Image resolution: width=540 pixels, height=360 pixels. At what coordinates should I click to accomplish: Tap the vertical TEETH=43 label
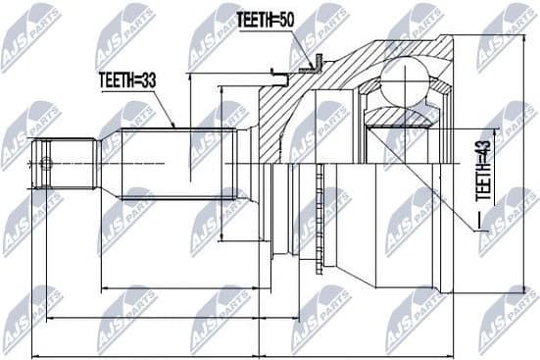(482, 173)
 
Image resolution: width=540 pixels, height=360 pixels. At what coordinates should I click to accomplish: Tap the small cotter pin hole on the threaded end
(44, 163)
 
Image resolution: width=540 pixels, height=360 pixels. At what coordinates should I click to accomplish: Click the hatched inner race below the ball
(402, 118)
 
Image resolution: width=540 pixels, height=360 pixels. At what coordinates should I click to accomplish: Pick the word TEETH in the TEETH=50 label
(256, 21)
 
